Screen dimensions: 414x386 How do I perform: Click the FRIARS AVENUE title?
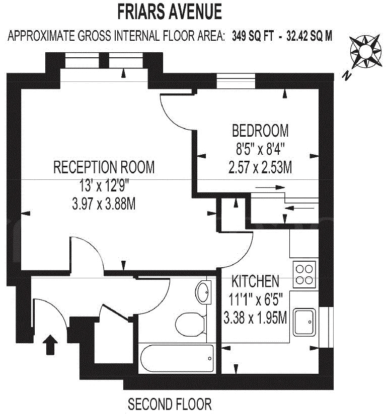169,11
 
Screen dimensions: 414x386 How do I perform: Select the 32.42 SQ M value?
308,36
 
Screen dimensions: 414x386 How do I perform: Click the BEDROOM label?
260,131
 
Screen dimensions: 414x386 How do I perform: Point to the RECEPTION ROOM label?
104,167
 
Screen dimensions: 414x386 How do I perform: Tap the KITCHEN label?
255,280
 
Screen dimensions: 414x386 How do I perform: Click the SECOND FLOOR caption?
170,404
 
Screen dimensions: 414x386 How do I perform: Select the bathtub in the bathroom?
177,358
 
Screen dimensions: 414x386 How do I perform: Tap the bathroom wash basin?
204,291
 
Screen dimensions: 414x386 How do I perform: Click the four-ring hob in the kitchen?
305,274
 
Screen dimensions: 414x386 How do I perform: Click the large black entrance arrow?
50,346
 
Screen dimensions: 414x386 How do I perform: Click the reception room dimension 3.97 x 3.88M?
104,204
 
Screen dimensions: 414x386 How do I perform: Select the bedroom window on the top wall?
236,81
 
